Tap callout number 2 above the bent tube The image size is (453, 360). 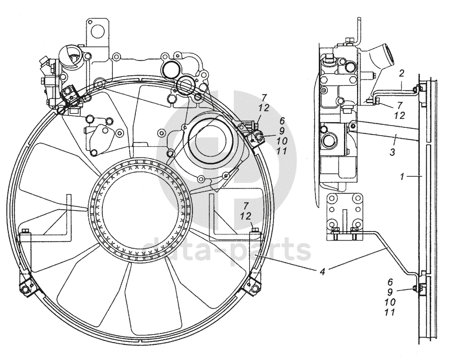pyautogui.click(x=402, y=74)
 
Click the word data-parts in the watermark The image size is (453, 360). pyautogui.click(x=225, y=250)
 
